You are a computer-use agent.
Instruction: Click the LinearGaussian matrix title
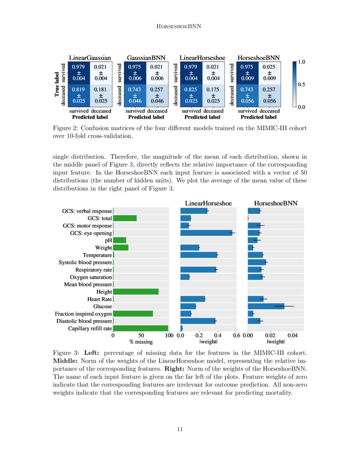(90, 58)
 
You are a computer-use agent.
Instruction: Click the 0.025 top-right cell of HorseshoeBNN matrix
(269, 72)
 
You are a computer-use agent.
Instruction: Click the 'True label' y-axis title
(57, 84)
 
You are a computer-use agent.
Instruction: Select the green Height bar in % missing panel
(136, 291)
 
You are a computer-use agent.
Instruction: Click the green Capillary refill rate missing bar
(141, 328)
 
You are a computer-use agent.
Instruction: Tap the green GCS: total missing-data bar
(125, 218)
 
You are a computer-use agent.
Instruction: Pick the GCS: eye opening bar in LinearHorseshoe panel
(206, 233)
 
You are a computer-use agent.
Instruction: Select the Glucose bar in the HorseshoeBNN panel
(266, 306)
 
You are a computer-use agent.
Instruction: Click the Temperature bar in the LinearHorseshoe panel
(199, 255)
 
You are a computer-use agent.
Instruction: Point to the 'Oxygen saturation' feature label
(91, 277)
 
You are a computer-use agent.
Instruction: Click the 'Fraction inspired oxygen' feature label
(83, 314)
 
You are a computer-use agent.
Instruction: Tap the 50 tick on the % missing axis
(141, 336)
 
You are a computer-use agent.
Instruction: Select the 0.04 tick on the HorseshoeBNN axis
(292, 336)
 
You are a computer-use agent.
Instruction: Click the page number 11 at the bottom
(180, 430)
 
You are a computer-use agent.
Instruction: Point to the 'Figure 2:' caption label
(65, 128)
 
